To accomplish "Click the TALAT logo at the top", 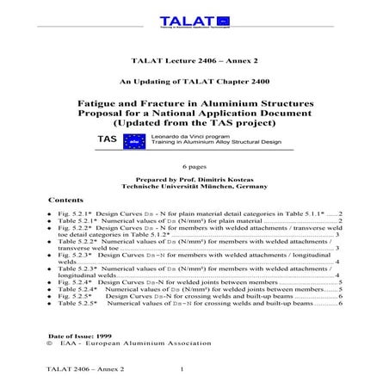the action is click(x=194, y=22).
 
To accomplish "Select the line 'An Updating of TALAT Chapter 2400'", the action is click(x=194, y=83).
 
